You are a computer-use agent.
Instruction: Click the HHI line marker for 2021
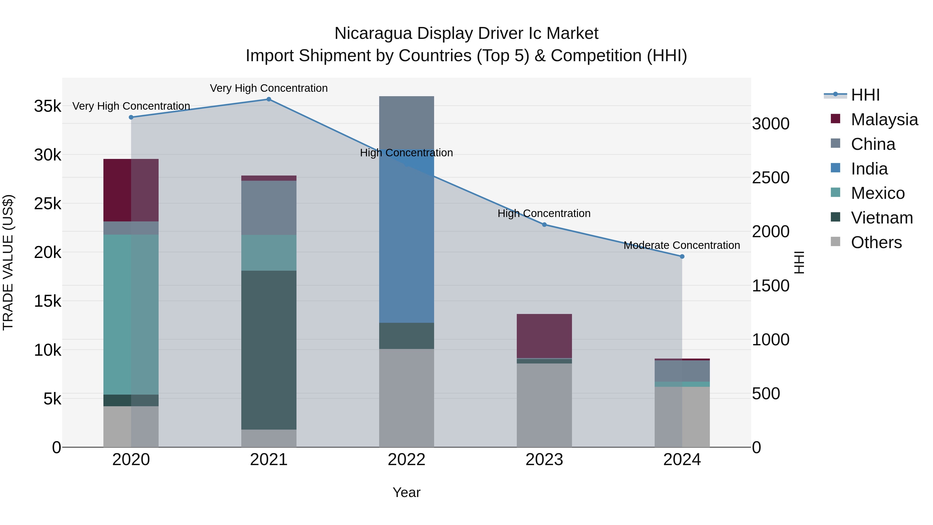[269, 99]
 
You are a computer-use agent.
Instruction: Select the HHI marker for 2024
[682, 256]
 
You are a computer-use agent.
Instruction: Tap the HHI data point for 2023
[544, 225]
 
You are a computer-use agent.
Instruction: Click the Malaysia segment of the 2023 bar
[544, 336]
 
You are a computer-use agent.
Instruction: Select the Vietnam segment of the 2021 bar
[269, 350]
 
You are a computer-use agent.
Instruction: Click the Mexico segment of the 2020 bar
[131, 314]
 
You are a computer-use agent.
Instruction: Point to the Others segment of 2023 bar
[544, 405]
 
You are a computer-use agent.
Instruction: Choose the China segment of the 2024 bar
[682, 371]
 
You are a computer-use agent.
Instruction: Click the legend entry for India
[869, 169]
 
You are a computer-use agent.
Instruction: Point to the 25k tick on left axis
[48, 204]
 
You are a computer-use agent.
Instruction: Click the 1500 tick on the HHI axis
[771, 286]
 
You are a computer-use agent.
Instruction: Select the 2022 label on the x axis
[406, 460]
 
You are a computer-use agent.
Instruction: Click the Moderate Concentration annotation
[682, 245]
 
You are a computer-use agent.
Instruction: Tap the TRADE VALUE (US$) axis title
[8, 262]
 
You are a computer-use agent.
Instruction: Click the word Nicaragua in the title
[373, 33]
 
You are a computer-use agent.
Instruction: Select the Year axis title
[406, 492]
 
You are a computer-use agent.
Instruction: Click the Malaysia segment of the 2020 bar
[131, 190]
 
